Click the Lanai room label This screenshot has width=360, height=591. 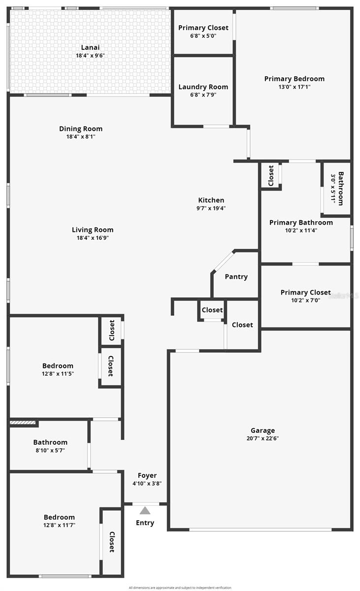pos(90,48)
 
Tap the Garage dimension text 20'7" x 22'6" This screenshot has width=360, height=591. pos(262,438)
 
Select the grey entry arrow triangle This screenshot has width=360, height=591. pos(145,511)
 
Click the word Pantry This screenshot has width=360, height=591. pos(236,277)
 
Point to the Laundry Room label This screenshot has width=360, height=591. pos(203,87)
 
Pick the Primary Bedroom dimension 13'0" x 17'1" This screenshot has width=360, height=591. pos(294,87)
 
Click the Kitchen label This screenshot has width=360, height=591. pos(211,200)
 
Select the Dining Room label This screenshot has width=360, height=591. pos(81,129)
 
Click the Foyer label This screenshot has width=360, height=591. pos(147,475)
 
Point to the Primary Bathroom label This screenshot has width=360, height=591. pos(301,223)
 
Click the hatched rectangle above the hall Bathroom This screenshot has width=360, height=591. pos(23,422)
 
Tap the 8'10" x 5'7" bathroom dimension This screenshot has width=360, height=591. pos(50,450)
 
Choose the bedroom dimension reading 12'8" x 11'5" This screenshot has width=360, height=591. pos(58,374)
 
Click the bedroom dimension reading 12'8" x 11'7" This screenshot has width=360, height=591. pos(59,525)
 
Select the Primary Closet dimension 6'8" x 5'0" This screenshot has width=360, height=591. pos(203,36)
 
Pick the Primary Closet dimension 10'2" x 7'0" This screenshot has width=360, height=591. pos(305,300)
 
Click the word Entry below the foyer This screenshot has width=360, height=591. pos(145,523)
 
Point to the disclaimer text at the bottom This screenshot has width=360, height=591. pos(180,587)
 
